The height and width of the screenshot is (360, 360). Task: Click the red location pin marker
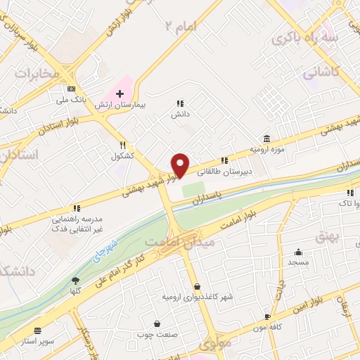(181, 165)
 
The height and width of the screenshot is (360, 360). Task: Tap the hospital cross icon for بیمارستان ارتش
(120, 94)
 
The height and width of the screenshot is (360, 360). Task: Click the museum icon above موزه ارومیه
(266, 139)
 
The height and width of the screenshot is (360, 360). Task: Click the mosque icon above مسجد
(298, 252)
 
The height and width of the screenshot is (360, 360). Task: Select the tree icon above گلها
(75, 281)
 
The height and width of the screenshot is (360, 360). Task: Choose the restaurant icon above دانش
(180, 103)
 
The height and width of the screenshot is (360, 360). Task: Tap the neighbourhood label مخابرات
(34, 73)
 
